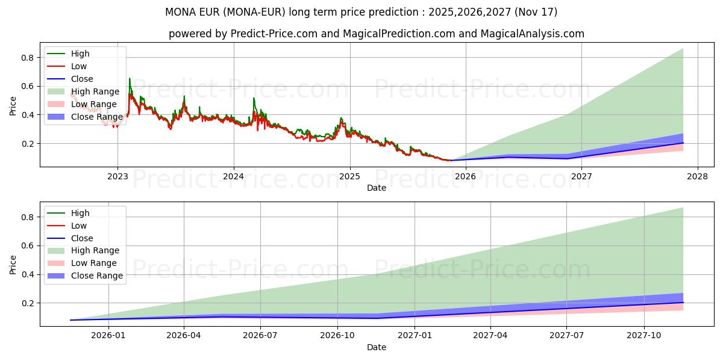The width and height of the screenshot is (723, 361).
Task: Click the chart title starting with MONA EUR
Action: point(361,12)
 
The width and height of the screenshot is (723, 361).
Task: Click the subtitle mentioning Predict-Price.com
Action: point(376,34)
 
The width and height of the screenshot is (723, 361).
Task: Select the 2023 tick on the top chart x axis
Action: point(117,176)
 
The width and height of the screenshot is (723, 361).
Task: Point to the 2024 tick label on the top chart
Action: point(234,176)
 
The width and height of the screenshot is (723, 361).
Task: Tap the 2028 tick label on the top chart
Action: point(698,176)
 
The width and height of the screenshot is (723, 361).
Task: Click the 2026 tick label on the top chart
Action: point(466,176)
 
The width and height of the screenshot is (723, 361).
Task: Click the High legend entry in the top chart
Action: point(80,54)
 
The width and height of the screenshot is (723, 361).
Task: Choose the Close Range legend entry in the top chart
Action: point(96,117)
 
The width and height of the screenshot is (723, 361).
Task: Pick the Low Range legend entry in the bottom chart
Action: point(94,263)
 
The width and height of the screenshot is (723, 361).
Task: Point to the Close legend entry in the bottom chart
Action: point(82,238)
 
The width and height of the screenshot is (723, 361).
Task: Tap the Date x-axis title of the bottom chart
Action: point(377,347)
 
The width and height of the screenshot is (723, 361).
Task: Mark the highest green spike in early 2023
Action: point(129,78)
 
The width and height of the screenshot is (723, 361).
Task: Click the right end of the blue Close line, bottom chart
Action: point(683,303)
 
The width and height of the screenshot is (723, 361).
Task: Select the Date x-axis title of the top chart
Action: point(377,188)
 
